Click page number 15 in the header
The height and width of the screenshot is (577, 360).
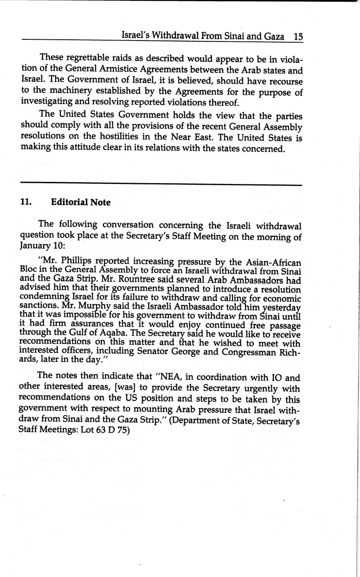(x=298, y=36)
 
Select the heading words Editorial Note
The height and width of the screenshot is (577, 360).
(x=81, y=202)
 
